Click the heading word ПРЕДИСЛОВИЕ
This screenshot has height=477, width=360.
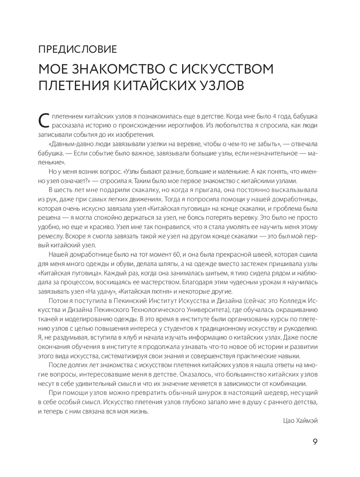pos(77,49)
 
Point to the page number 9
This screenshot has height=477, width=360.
pos(315,442)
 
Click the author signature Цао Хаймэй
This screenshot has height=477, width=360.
pos(298,420)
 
